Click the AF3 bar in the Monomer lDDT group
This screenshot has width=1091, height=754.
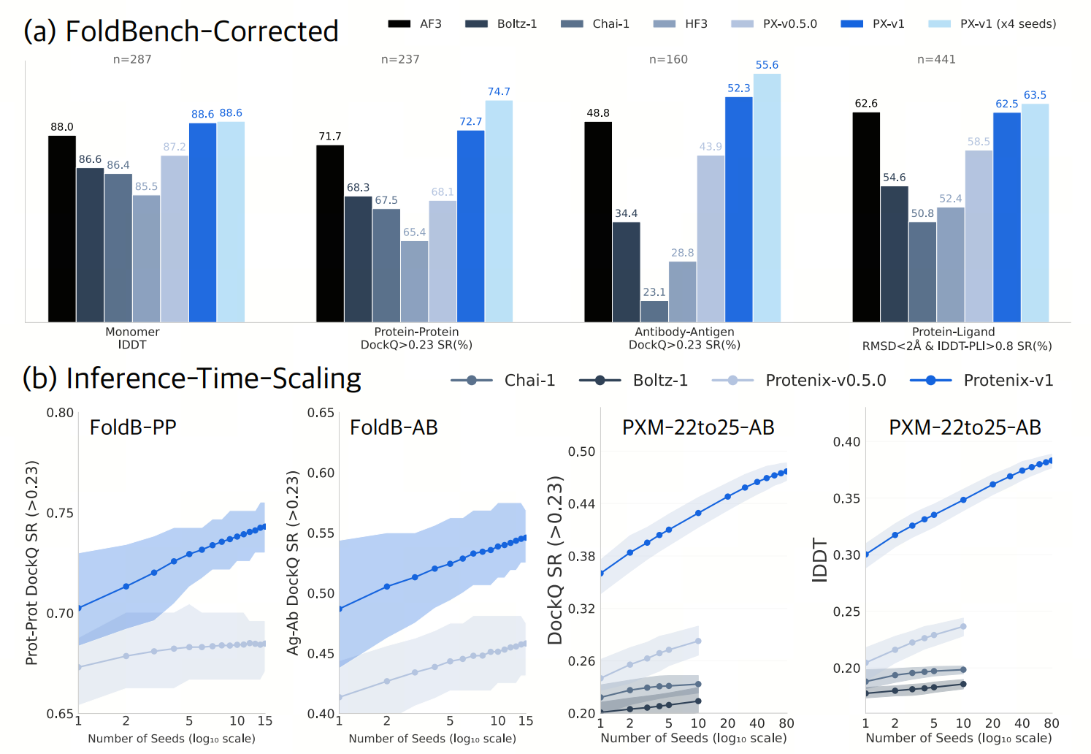tap(62, 229)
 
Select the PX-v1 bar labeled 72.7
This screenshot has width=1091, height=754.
tap(470, 226)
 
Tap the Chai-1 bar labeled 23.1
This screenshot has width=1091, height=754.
tap(654, 311)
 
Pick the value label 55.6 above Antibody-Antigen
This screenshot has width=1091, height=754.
tap(767, 65)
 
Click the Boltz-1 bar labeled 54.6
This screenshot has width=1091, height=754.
tap(894, 254)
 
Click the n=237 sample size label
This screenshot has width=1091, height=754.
tap(400, 59)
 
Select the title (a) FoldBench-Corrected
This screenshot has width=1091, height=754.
tap(181, 31)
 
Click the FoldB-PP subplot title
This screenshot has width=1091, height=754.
tap(133, 427)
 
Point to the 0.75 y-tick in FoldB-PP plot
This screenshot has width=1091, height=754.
tap(60, 513)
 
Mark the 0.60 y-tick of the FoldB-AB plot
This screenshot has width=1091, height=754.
tap(321, 473)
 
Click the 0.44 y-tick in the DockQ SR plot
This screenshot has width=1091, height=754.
tap(581, 503)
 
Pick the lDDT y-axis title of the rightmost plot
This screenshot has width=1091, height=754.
tap(820, 560)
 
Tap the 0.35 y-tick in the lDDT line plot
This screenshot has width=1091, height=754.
tap(846, 498)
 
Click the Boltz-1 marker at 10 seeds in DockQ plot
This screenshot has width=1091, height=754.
tap(698, 701)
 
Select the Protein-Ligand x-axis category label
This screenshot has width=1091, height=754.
tap(953, 332)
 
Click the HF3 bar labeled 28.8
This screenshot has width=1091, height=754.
tap(682, 292)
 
